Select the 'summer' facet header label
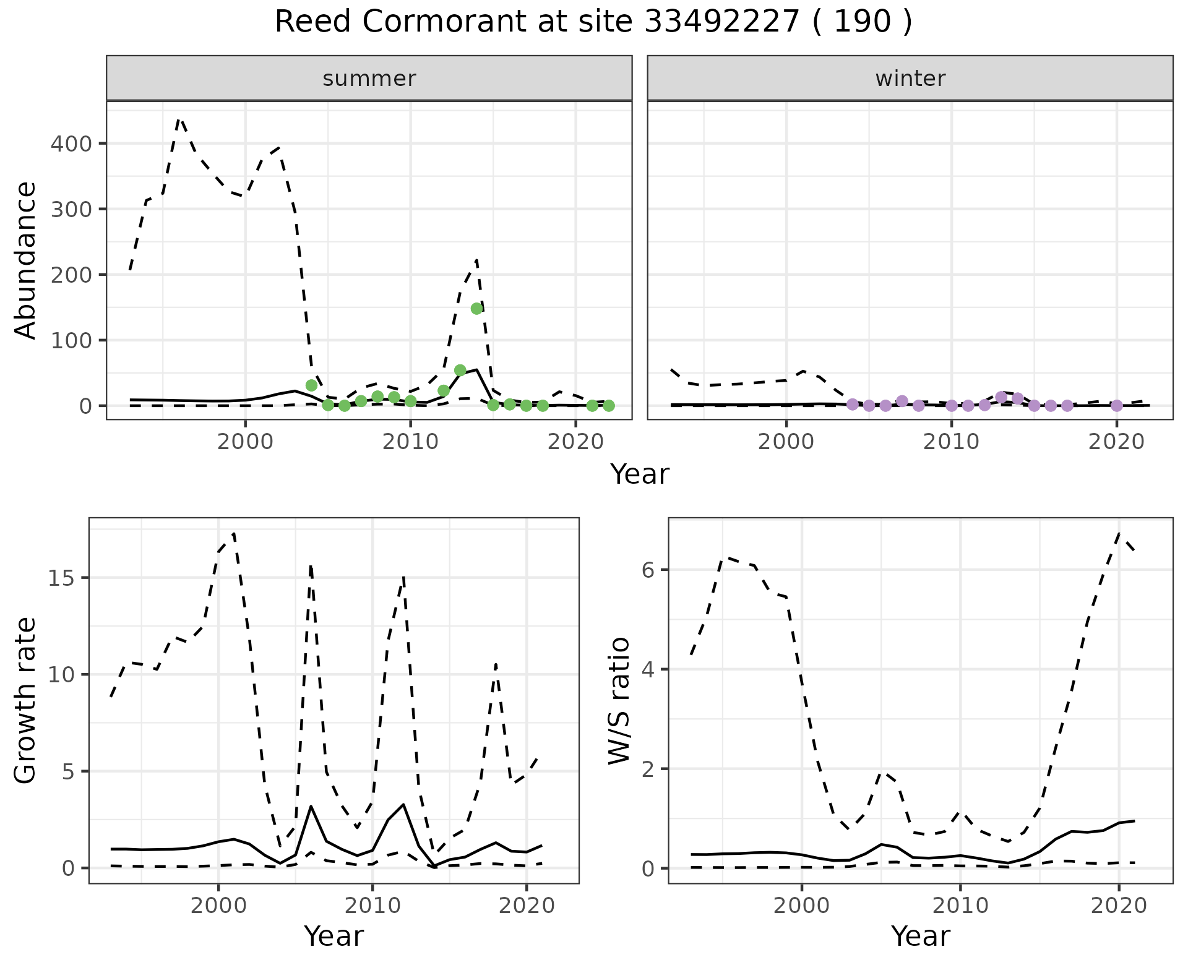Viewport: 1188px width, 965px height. [x=369, y=79]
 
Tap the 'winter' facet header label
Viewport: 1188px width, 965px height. [x=910, y=79]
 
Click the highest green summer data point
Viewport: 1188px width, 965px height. [x=476, y=309]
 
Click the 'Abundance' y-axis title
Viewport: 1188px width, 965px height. [x=26, y=260]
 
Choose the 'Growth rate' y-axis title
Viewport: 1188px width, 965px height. [x=26, y=701]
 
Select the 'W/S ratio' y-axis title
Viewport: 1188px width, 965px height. [x=619, y=701]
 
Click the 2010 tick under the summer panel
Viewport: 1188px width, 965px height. [x=410, y=442]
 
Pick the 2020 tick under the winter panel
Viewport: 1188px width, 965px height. [x=1117, y=442]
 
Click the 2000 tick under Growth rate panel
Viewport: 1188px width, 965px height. [x=218, y=906]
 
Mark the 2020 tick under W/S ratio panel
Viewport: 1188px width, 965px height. [x=1119, y=906]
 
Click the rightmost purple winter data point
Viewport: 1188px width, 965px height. [x=1117, y=406]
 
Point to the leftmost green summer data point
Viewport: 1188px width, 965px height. [x=312, y=385]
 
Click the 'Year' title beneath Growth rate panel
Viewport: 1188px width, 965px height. [x=334, y=937]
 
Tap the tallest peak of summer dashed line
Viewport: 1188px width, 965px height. [x=179, y=119]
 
